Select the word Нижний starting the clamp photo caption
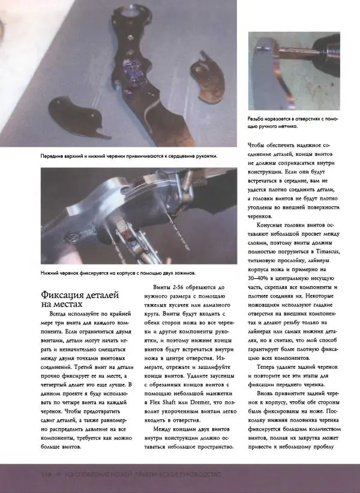click(51, 273)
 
